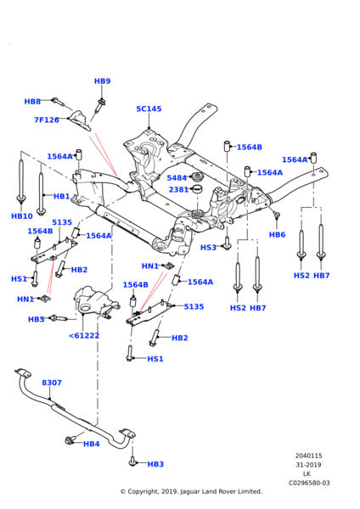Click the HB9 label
click(103, 81)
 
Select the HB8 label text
click(32, 102)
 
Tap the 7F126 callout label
click(47, 120)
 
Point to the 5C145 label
click(149, 109)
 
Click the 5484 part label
click(177, 178)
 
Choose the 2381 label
click(178, 189)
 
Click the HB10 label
click(22, 216)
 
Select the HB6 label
click(277, 235)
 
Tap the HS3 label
click(208, 248)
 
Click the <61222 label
click(84, 336)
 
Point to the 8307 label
click(52, 383)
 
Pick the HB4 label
click(92, 444)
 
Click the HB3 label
click(155, 465)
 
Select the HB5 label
click(36, 320)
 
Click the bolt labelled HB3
click(132, 461)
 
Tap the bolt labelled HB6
click(276, 214)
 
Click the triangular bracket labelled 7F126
click(80, 120)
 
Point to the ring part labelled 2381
click(197, 188)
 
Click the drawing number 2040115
click(309, 456)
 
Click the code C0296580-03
click(309, 483)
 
